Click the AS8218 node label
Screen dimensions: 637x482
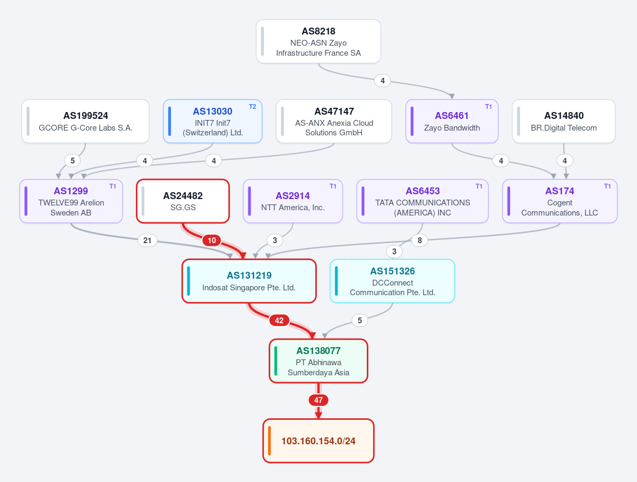tap(318, 31)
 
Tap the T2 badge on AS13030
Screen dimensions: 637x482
tap(253, 107)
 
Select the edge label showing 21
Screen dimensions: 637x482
tap(148, 240)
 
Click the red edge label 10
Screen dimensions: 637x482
tap(212, 240)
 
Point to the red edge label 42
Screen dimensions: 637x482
tap(279, 321)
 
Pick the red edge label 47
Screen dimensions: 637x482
tap(318, 400)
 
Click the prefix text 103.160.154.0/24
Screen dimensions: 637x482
tap(318, 441)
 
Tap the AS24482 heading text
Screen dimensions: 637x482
tap(183, 195)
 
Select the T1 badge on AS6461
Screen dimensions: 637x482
tap(488, 107)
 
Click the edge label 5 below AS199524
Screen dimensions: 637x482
tap(73, 160)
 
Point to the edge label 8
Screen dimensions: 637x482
tap(420, 240)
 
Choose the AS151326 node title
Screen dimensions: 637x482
tap(392, 271)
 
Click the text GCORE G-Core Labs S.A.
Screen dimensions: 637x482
tap(85, 128)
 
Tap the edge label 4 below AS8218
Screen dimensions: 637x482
tap(383, 80)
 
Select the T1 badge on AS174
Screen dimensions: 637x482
tap(607, 186)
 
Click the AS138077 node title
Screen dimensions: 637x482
tap(318, 350)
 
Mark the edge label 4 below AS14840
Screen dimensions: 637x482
tap(565, 160)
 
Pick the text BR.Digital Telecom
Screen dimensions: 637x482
tap(564, 128)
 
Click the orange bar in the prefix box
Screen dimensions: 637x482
tap(269, 441)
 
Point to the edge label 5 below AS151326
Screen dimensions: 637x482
tap(360, 321)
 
